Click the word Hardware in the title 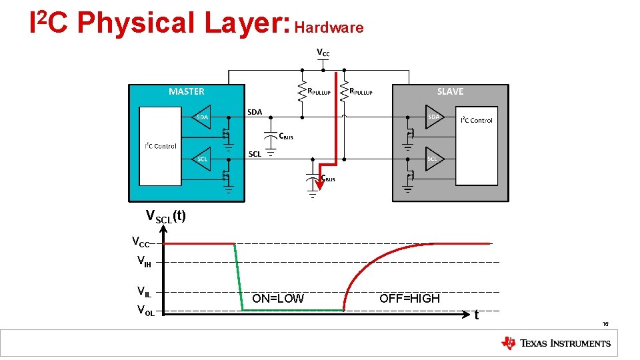[x=329, y=27]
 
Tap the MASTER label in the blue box [x=186, y=91]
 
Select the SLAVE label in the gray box [x=450, y=91]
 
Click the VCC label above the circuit [x=323, y=53]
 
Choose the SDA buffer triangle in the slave [x=433, y=117]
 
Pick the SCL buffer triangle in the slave [x=433, y=159]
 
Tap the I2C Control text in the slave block [x=477, y=120]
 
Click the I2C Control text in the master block [x=161, y=146]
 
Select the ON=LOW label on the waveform [x=277, y=299]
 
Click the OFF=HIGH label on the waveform [x=409, y=299]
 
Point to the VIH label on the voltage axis [x=143, y=262]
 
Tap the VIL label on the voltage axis [x=143, y=291]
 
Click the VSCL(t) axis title [x=165, y=216]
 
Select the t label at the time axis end [x=476, y=315]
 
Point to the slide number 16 [x=605, y=324]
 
